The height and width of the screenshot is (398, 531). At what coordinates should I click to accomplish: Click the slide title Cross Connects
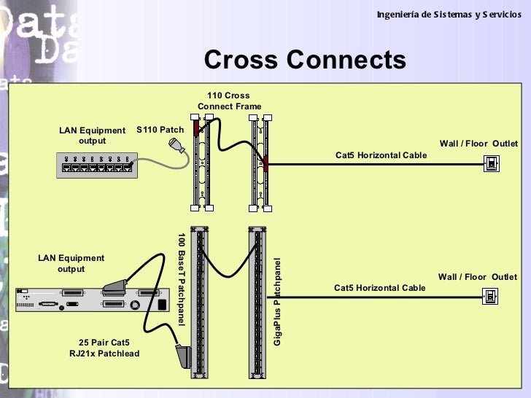tap(305, 60)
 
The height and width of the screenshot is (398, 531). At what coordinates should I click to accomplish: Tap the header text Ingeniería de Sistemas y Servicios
tap(449, 15)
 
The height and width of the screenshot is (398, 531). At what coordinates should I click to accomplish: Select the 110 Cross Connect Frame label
tap(229, 101)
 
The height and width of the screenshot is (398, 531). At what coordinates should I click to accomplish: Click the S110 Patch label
tap(160, 130)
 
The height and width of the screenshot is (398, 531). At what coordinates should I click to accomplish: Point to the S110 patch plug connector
tap(178, 147)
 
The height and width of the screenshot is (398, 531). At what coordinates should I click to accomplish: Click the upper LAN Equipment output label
tap(92, 136)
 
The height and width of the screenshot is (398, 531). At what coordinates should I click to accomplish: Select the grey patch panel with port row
tap(96, 165)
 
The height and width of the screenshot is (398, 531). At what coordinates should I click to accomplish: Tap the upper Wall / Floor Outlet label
tap(478, 144)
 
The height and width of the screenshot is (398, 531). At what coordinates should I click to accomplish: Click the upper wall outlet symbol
tap(492, 164)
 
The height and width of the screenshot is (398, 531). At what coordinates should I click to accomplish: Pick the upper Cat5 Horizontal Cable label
tap(381, 155)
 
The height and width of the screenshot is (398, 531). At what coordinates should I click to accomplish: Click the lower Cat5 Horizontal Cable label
tap(379, 288)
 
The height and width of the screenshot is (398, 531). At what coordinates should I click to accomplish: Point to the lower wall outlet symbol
tap(492, 296)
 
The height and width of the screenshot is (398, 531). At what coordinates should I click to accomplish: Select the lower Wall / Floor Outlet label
tap(477, 277)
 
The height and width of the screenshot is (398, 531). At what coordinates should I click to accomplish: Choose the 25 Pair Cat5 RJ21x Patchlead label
tap(104, 348)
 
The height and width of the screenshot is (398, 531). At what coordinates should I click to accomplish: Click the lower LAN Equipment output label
tap(71, 263)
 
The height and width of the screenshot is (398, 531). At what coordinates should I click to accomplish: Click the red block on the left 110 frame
tap(196, 129)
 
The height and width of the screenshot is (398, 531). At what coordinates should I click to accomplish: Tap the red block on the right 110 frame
tap(265, 163)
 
